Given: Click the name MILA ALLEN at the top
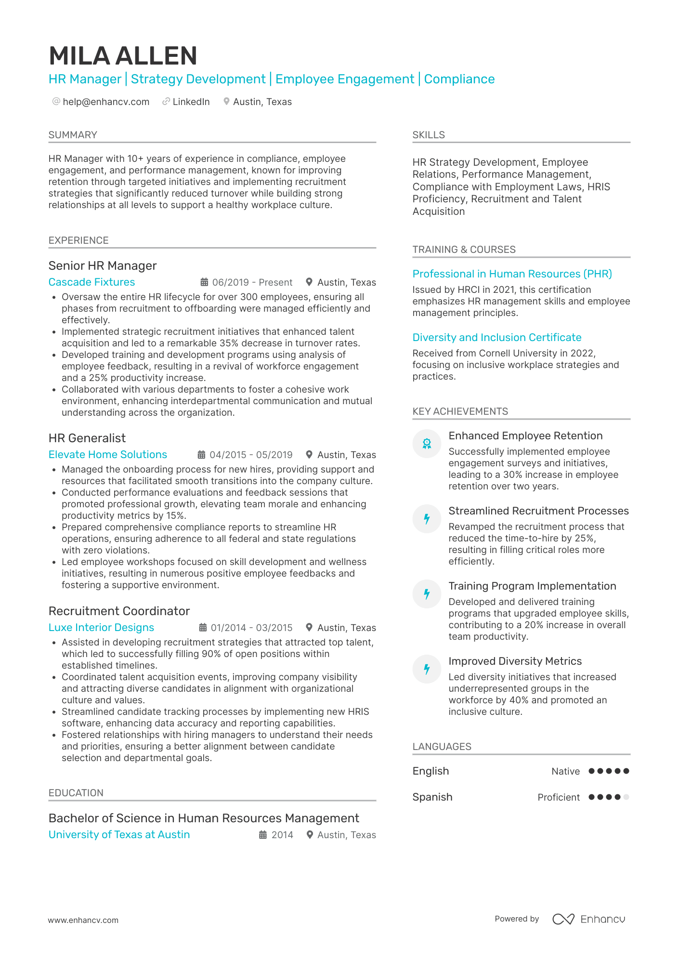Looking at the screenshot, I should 123,56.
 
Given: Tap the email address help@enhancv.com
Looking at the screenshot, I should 106,102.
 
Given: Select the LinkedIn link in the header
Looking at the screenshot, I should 191,102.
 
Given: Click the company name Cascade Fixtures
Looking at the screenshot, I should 91,282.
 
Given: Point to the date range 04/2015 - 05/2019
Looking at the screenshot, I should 251,455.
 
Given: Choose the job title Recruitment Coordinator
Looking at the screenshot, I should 119,611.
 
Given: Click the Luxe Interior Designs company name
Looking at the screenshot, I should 101,628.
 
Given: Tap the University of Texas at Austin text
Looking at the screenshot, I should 119,835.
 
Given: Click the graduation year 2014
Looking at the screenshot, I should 282,835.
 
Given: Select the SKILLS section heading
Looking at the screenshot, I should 428,135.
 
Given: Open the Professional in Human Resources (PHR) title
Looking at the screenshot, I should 512,274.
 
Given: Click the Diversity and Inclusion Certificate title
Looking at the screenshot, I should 496,338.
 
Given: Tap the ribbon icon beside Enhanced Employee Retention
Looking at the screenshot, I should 427,444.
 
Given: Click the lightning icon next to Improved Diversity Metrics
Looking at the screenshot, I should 427,669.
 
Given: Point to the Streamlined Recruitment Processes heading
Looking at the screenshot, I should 538,511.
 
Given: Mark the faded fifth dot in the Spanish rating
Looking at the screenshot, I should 626,797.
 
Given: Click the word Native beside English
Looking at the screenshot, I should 565,771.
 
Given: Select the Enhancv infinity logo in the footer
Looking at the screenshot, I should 563,919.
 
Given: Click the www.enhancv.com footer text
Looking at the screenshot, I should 83,920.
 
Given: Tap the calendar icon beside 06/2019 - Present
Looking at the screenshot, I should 204,282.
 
